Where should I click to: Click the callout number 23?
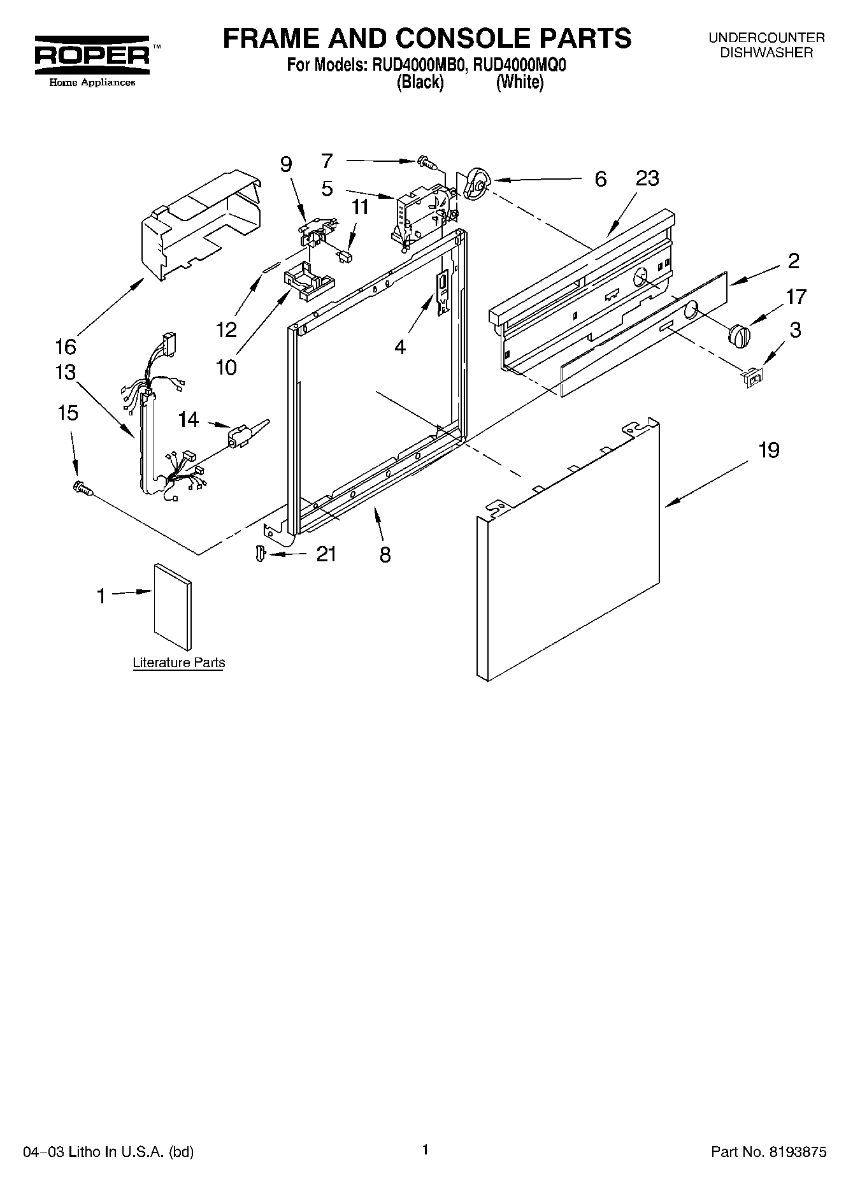[647, 178]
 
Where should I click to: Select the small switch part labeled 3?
[752, 378]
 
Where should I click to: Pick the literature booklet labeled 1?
[172, 599]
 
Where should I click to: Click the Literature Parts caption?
[178, 663]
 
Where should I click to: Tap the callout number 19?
[769, 450]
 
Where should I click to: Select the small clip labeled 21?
[259, 553]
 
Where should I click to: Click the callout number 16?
[66, 347]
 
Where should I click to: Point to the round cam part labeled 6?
[476, 183]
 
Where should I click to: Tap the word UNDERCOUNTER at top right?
[766, 38]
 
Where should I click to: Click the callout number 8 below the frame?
[385, 554]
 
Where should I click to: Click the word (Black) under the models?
[420, 82]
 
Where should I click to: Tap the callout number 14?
[189, 419]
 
